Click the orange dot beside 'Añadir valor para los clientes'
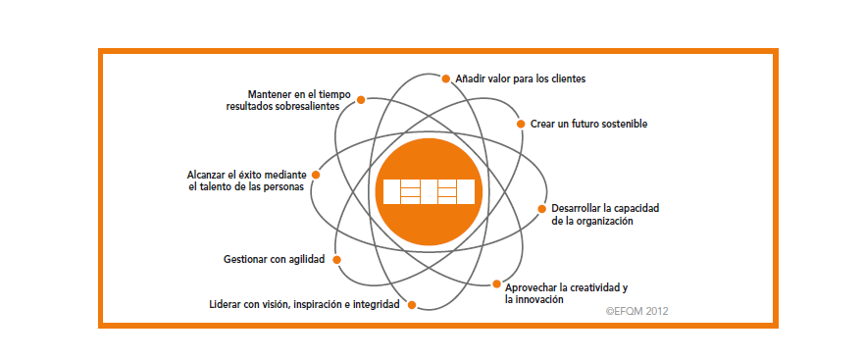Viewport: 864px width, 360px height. pyautogui.click(x=446, y=78)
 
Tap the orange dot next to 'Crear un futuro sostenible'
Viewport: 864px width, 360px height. pyautogui.click(x=521, y=124)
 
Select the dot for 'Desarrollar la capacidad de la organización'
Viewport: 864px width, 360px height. pyautogui.click(x=541, y=209)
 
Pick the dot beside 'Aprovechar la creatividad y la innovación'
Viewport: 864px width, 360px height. pyautogui.click(x=496, y=284)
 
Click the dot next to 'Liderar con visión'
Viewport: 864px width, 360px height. pyautogui.click(x=411, y=304)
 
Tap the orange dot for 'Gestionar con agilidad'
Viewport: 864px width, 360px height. pyautogui.click(x=336, y=260)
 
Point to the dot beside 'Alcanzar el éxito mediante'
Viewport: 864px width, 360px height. pyautogui.click(x=316, y=175)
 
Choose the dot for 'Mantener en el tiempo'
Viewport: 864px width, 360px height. pyautogui.click(x=361, y=100)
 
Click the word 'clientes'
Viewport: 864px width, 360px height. pyautogui.click(x=568, y=78)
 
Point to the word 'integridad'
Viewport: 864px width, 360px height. pyautogui.click(x=378, y=304)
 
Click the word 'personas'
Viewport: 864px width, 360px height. pyautogui.click(x=285, y=187)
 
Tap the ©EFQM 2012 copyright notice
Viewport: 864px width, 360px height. pyautogui.click(x=637, y=312)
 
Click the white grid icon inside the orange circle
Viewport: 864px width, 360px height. pyautogui.click(x=429, y=192)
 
